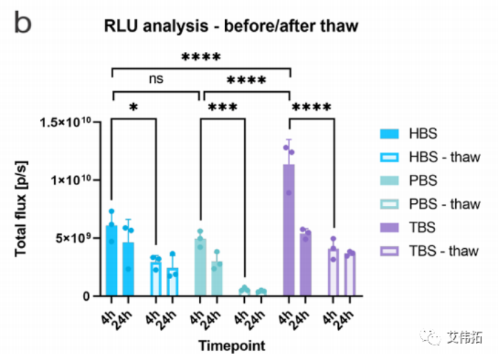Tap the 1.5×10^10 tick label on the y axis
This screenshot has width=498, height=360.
tap(69, 122)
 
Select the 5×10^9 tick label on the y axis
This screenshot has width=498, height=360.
tap(79, 238)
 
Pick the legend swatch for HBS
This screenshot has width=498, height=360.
tap(392, 133)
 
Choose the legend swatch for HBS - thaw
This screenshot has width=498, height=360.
tap(392, 157)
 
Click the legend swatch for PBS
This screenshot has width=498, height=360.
tap(392, 180)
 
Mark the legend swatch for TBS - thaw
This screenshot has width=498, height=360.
tap(392, 250)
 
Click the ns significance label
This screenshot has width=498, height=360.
tap(156, 79)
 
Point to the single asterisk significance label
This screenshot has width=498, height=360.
tap(133, 108)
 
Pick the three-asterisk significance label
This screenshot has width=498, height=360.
tap(222, 108)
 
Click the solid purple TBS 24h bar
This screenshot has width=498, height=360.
tap(305, 265)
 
